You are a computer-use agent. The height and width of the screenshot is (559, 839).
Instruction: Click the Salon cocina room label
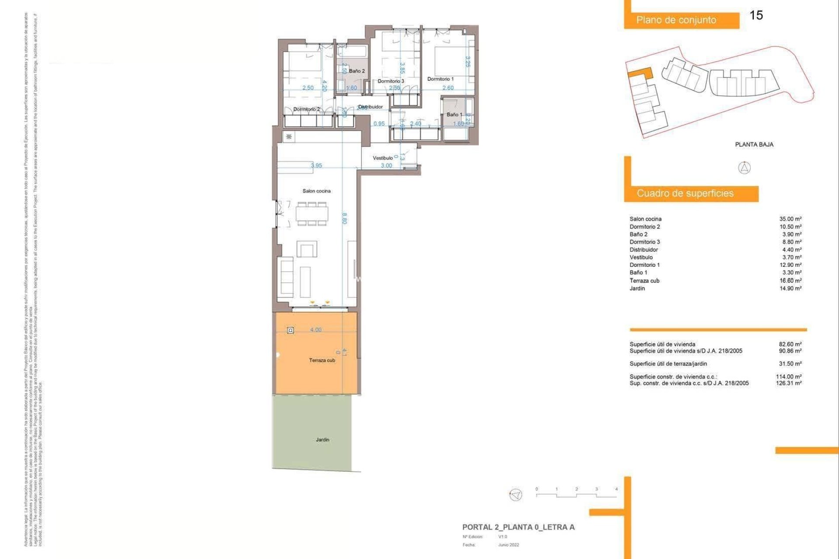[x=316, y=191]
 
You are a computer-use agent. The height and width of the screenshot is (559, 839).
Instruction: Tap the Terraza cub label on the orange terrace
[x=322, y=360]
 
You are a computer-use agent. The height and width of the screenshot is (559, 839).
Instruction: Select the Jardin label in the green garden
[x=322, y=440]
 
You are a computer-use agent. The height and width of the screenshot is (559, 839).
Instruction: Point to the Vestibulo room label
[x=382, y=158]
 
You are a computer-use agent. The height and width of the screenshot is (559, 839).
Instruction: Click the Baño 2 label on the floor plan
[x=357, y=71]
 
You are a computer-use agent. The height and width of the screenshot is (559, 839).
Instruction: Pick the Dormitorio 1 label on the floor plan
[x=440, y=79]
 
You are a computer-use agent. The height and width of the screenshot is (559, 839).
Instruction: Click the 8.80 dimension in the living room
[x=344, y=218]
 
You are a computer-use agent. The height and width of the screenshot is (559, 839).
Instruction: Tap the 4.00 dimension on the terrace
[x=315, y=330]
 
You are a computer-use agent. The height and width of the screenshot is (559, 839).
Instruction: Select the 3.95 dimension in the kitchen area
[x=316, y=166]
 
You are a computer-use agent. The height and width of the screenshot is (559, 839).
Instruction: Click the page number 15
[x=756, y=15]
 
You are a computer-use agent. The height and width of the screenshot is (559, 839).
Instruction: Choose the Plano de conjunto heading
[x=676, y=20]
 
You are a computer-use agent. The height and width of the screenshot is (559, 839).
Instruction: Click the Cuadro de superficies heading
[x=685, y=193]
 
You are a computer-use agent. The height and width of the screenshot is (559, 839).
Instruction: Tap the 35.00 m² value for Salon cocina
[x=790, y=219]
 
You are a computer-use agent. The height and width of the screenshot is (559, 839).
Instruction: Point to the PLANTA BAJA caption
[x=754, y=145]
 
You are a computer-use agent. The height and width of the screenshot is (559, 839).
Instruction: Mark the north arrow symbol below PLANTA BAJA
[x=744, y=168]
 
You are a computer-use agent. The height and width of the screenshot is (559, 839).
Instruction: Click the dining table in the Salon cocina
[x=312, y=214]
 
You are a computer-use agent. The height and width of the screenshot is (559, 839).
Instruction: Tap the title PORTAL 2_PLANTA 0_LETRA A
[x=518, y=527]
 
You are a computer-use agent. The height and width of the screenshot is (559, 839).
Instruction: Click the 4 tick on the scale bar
[x=616, y=490]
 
